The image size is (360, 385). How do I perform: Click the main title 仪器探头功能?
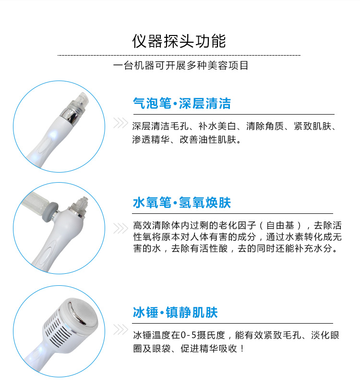click(x=179, y=41)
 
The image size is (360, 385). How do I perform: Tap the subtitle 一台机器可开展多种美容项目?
click(x=180, y=66)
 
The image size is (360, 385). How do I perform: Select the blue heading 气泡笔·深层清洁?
click(x=181, y=103)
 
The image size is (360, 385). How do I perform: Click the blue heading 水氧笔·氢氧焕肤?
click(x=181, y=203)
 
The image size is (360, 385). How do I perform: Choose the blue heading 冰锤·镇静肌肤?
click(x=175, y=313)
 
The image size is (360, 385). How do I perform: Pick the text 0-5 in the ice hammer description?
click(x=189, y=335)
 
